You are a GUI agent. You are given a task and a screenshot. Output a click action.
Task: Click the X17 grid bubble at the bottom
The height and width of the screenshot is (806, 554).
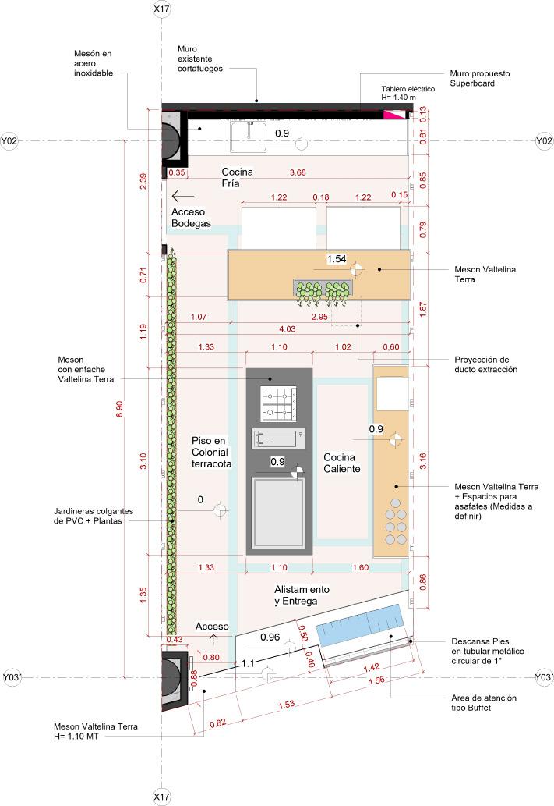(161, 797)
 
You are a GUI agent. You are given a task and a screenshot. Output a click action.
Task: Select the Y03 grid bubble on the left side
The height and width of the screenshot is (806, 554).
(11, 677)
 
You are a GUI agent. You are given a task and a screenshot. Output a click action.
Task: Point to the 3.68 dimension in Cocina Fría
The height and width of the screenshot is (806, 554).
(297, 172)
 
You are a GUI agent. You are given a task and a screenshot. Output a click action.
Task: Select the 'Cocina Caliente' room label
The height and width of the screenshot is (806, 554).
(342, 463)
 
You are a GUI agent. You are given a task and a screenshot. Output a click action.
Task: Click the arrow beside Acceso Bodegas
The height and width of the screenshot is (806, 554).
(182, 196)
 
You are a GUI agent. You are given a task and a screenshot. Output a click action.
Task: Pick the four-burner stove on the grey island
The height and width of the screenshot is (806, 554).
(280, 404)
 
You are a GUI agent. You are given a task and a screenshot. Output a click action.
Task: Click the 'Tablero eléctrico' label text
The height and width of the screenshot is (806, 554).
(408, 94)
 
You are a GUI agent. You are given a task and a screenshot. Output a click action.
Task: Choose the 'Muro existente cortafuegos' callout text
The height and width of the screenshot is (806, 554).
(200, 59)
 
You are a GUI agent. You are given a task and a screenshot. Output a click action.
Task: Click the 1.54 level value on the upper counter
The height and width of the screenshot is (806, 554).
(336, 258)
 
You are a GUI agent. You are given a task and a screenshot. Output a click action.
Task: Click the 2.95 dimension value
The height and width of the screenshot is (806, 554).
(319, 318)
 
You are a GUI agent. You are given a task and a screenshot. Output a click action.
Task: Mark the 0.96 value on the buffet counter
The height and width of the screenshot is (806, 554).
(270, 637)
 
